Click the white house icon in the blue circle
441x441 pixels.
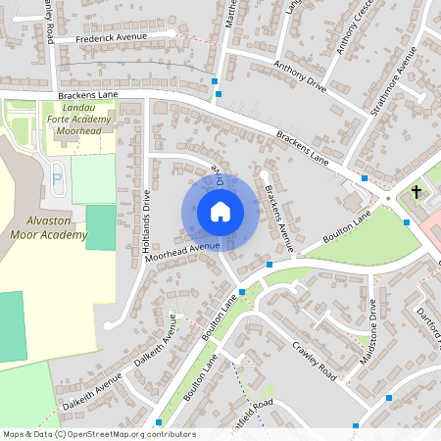[x=220, y=212]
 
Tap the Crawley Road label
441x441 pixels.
[x=315, y=362]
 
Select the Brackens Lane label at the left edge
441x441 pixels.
[x=87, y=94]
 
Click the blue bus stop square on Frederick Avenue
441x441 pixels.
[x=215, y=81]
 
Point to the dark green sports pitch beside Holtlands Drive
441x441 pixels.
[x=101, y=226]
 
